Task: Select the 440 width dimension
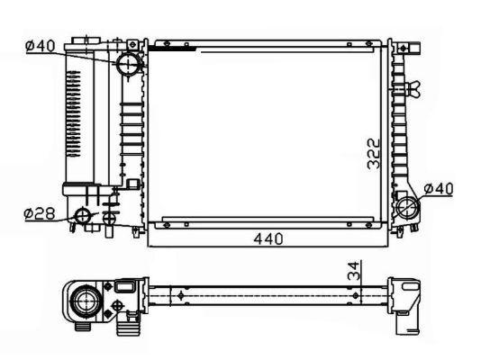(x=268, y=239)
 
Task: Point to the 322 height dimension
(x=374, y=155)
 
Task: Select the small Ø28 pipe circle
(x=83, y=216)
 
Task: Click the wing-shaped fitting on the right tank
(x=413, y=89)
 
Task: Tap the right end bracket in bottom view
(x=410, y=297)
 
